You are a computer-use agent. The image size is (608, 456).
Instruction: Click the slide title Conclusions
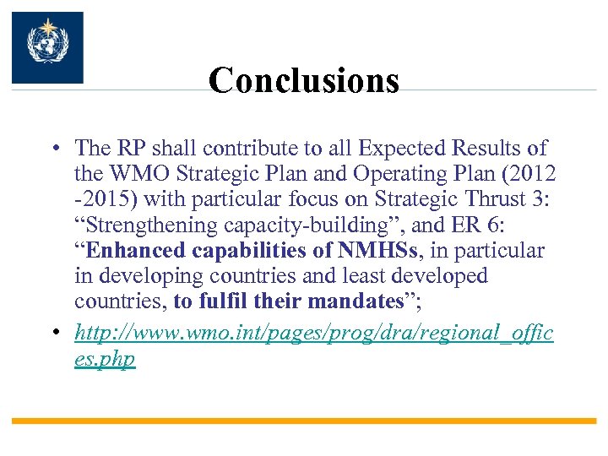(304, 81)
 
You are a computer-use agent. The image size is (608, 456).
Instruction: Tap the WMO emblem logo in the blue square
(47, 47)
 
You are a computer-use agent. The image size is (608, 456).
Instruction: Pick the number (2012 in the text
(528, 174)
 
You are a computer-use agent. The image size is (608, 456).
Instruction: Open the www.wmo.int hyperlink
(313, 333)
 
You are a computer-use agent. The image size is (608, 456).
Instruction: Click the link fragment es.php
(105, 358)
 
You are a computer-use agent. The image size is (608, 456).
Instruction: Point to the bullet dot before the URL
(53, 333)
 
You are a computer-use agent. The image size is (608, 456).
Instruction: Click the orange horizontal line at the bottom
(304, 421)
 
